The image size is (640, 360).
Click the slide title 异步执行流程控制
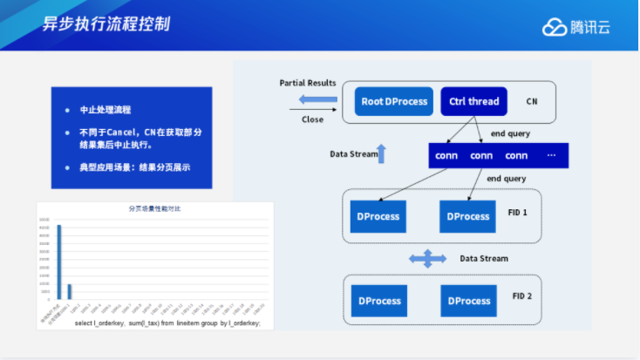106,24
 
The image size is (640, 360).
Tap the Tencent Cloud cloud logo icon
554,27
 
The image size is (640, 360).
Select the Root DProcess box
395,101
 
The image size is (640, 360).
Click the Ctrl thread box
473,101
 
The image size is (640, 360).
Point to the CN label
532,102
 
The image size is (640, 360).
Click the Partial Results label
308,83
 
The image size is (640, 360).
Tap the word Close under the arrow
312,119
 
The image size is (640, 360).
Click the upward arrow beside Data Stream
380,153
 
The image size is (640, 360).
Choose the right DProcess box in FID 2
468,301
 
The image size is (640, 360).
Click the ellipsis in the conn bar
551,155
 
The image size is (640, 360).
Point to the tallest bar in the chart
59,262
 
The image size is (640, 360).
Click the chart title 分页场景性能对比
154,209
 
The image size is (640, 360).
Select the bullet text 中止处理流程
106,111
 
